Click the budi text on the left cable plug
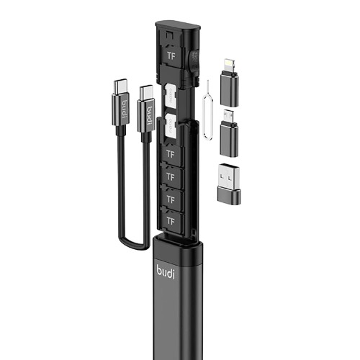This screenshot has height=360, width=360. pos(122,112)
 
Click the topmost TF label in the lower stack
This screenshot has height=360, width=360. pos(171,153)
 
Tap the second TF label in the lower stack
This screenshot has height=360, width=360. pos(171,175)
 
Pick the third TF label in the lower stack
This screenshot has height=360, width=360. pos(171,197)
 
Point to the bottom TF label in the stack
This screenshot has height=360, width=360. pos(171,218)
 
